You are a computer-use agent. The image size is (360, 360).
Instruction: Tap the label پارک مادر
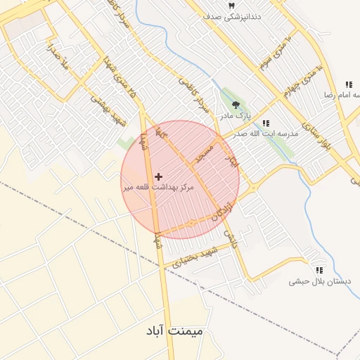pos(234,114)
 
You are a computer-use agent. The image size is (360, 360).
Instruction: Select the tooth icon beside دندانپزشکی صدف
pos(231,6)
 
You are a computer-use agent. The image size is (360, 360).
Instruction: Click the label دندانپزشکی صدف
pos(231,16)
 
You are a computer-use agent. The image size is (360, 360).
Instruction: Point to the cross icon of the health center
pos(158,176)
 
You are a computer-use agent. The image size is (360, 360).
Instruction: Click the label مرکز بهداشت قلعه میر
pos(155,187)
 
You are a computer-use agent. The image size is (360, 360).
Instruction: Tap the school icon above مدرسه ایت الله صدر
pos(265,124)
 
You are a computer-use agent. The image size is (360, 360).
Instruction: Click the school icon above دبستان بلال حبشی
pos(319,270)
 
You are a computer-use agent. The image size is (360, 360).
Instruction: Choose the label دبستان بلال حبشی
pos(319,281)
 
